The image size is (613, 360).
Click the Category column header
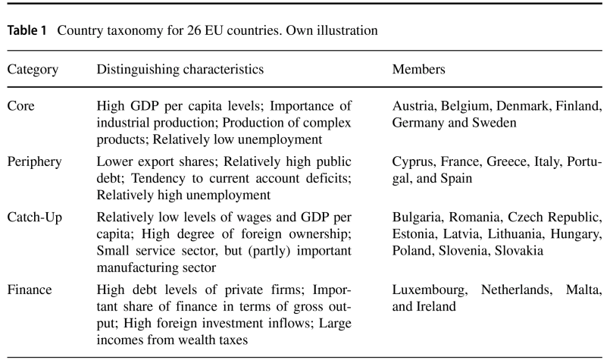(x=33, y=70)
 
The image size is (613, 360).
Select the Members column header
(x=418, y=70)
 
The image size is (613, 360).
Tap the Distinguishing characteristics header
(x=180, y=70)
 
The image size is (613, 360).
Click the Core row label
(x=21, y=106)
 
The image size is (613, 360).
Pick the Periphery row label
(x=33, y=161)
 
